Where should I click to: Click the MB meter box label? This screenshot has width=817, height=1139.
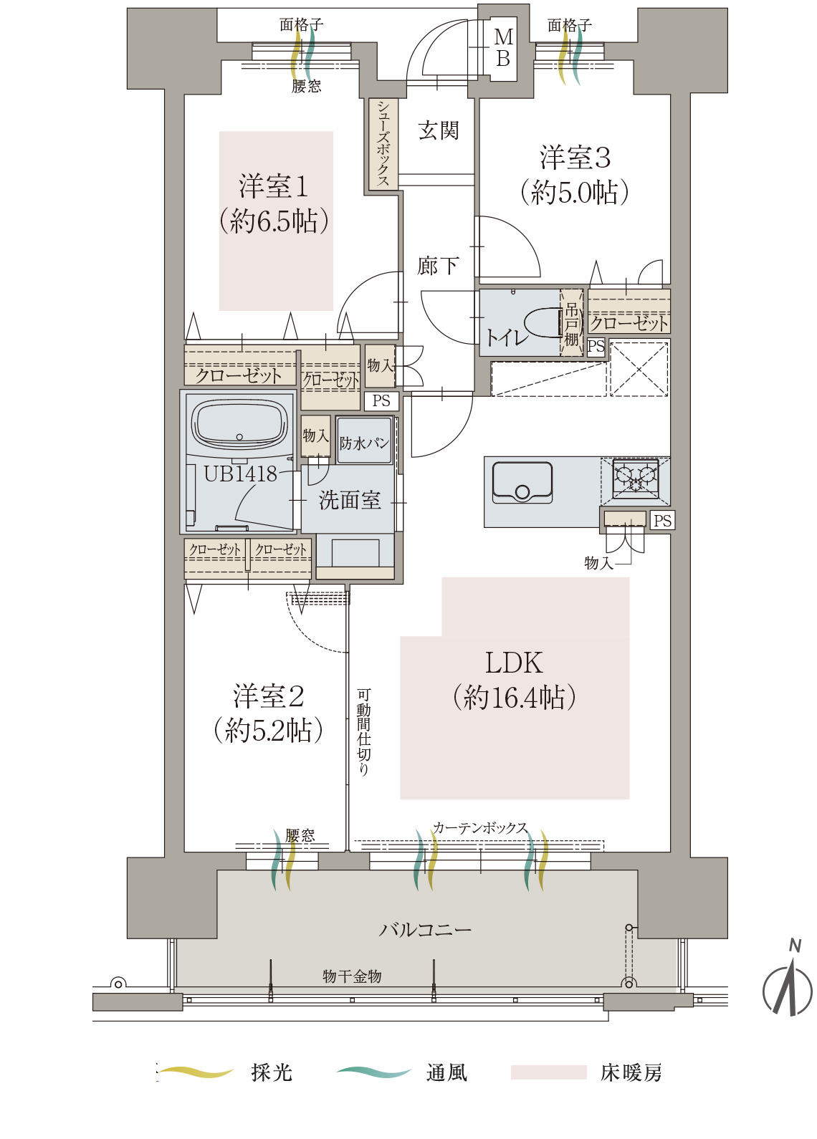tap(504, 48)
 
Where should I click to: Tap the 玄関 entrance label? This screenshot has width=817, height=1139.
tap(439, 130)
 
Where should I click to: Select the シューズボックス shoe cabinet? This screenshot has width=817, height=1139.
tap(383, 144)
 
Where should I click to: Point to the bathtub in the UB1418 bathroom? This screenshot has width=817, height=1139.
tap(239, 425)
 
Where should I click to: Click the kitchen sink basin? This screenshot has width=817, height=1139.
tap(522, 481)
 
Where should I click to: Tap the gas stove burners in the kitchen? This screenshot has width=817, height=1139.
tap(636, 478)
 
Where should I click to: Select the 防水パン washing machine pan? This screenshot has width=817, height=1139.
tap(364, 441)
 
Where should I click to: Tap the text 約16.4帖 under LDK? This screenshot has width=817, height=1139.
tap(514, 697)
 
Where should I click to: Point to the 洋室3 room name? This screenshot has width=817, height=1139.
tap(575, 158)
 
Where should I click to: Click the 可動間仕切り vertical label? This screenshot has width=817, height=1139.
tap(363, 732)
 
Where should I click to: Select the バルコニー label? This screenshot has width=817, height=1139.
tap(425, 930)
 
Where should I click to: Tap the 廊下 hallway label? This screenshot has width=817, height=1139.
tap(438, 266)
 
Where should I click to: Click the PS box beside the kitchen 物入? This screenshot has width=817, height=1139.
tap(661, 520)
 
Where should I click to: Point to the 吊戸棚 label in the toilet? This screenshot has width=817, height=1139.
tap(572, 324)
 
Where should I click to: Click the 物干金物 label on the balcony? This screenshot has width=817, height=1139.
tap(351, 976)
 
